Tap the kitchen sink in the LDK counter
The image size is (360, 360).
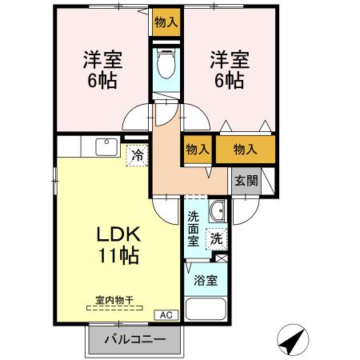coord(106,146)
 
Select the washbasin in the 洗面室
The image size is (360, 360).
coord(216,213)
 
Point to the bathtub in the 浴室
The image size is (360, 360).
coord(206,309)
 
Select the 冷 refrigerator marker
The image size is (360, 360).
coord(138,155)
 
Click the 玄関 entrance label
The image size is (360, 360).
coord(246,180)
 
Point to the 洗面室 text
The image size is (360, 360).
coord(194,228)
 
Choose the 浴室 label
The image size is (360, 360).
coord(206,281)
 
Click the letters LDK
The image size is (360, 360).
coord(118,234)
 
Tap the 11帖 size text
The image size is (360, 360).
coord(118,256)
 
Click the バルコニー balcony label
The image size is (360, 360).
coord(137,339)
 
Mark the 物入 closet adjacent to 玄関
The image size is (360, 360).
coord(246,149)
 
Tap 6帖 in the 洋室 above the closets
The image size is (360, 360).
coord(228,80)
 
